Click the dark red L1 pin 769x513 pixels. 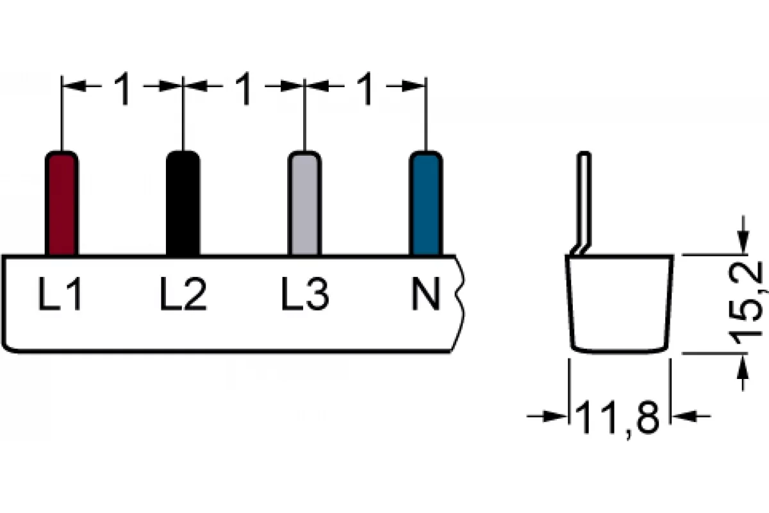click(x=62, y=203)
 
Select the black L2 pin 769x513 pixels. click(x=183, y=203)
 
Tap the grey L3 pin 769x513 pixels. click(x=304, y=203)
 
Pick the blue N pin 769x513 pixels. click(x=426, y=203)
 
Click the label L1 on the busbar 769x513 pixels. click(x=60, y=294)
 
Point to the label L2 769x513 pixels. click(x=183, y=294)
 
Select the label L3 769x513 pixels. click(x=305, y=294)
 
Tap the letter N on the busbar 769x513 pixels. click(x=426, y=294)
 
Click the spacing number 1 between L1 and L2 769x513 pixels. click(x=122, y=88)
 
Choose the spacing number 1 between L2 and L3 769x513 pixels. click(x=244, y=88)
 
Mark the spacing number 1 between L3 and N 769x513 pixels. click(x=365, y=88)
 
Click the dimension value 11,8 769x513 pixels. click(x=617, y=419)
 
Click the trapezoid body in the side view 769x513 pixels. click(x=619, y=304)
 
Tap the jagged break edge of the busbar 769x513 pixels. click(x=459, y=304)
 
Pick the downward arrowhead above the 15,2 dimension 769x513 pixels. click(x=743, y=242)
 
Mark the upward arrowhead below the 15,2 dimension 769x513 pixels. click(x=743, y=366)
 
